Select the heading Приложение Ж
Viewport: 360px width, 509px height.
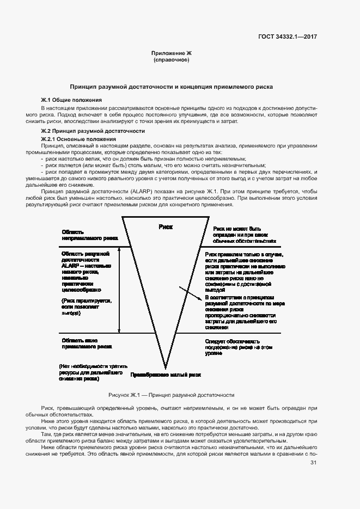pos(172,53)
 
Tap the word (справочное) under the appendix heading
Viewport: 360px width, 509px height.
pos(172,59)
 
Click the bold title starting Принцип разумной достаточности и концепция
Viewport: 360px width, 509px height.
pos(172,87)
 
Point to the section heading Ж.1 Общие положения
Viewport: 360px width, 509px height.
pos(71,101)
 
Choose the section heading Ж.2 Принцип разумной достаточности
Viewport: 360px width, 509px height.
pos(93,131)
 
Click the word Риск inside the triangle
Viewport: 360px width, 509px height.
pos(166,226)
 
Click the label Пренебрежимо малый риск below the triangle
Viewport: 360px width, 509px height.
pos(165,375)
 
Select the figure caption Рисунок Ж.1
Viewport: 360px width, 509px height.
pos(172,395)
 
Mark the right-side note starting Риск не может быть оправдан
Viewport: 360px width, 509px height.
pos(244,235)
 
